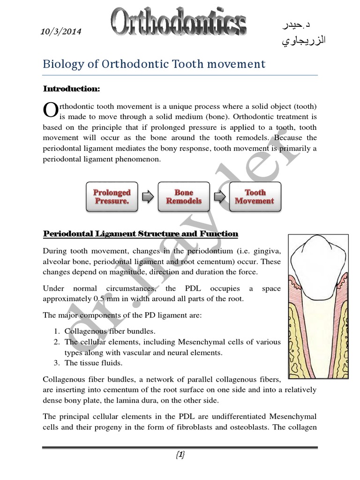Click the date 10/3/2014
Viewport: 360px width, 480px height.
coord(61,32)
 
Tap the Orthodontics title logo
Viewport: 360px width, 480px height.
coord(179,24)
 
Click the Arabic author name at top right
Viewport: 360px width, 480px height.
coord(300,33)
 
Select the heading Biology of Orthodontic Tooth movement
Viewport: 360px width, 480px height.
coord(154,64)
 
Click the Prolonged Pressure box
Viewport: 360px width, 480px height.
coord(112,196)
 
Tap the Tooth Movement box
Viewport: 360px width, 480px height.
coord(255,196)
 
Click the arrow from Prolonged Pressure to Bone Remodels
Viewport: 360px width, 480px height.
coord(148,197)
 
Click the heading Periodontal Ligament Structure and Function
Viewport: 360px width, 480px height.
coord(141,233)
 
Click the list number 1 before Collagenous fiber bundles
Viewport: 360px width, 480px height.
coord(55,331)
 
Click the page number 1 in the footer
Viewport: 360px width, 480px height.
coord(180,455)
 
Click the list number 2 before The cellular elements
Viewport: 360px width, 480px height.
coord(55,342)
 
